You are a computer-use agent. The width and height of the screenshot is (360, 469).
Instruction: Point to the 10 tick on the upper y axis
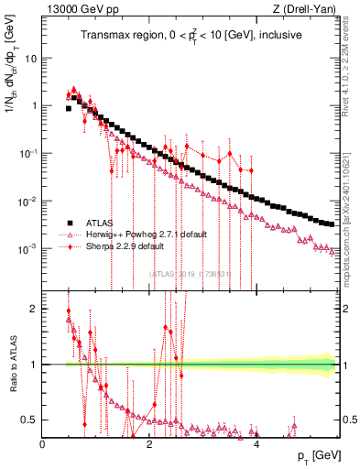pos(31,58)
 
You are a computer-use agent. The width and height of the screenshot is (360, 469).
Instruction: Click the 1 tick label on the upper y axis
pos(34,105)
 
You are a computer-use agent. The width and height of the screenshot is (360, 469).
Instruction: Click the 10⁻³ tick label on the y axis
pos(28,248)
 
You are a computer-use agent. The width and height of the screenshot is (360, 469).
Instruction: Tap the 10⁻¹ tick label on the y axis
pos(28,153)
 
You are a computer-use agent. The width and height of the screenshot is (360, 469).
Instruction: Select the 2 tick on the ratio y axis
pos(36,309)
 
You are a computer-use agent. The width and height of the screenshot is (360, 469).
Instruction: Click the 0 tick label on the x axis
pos(43,444)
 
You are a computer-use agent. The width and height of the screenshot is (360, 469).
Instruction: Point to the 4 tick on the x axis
pos(256,444)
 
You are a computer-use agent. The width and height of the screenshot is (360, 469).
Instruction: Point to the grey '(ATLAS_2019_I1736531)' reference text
pos(191,273)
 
